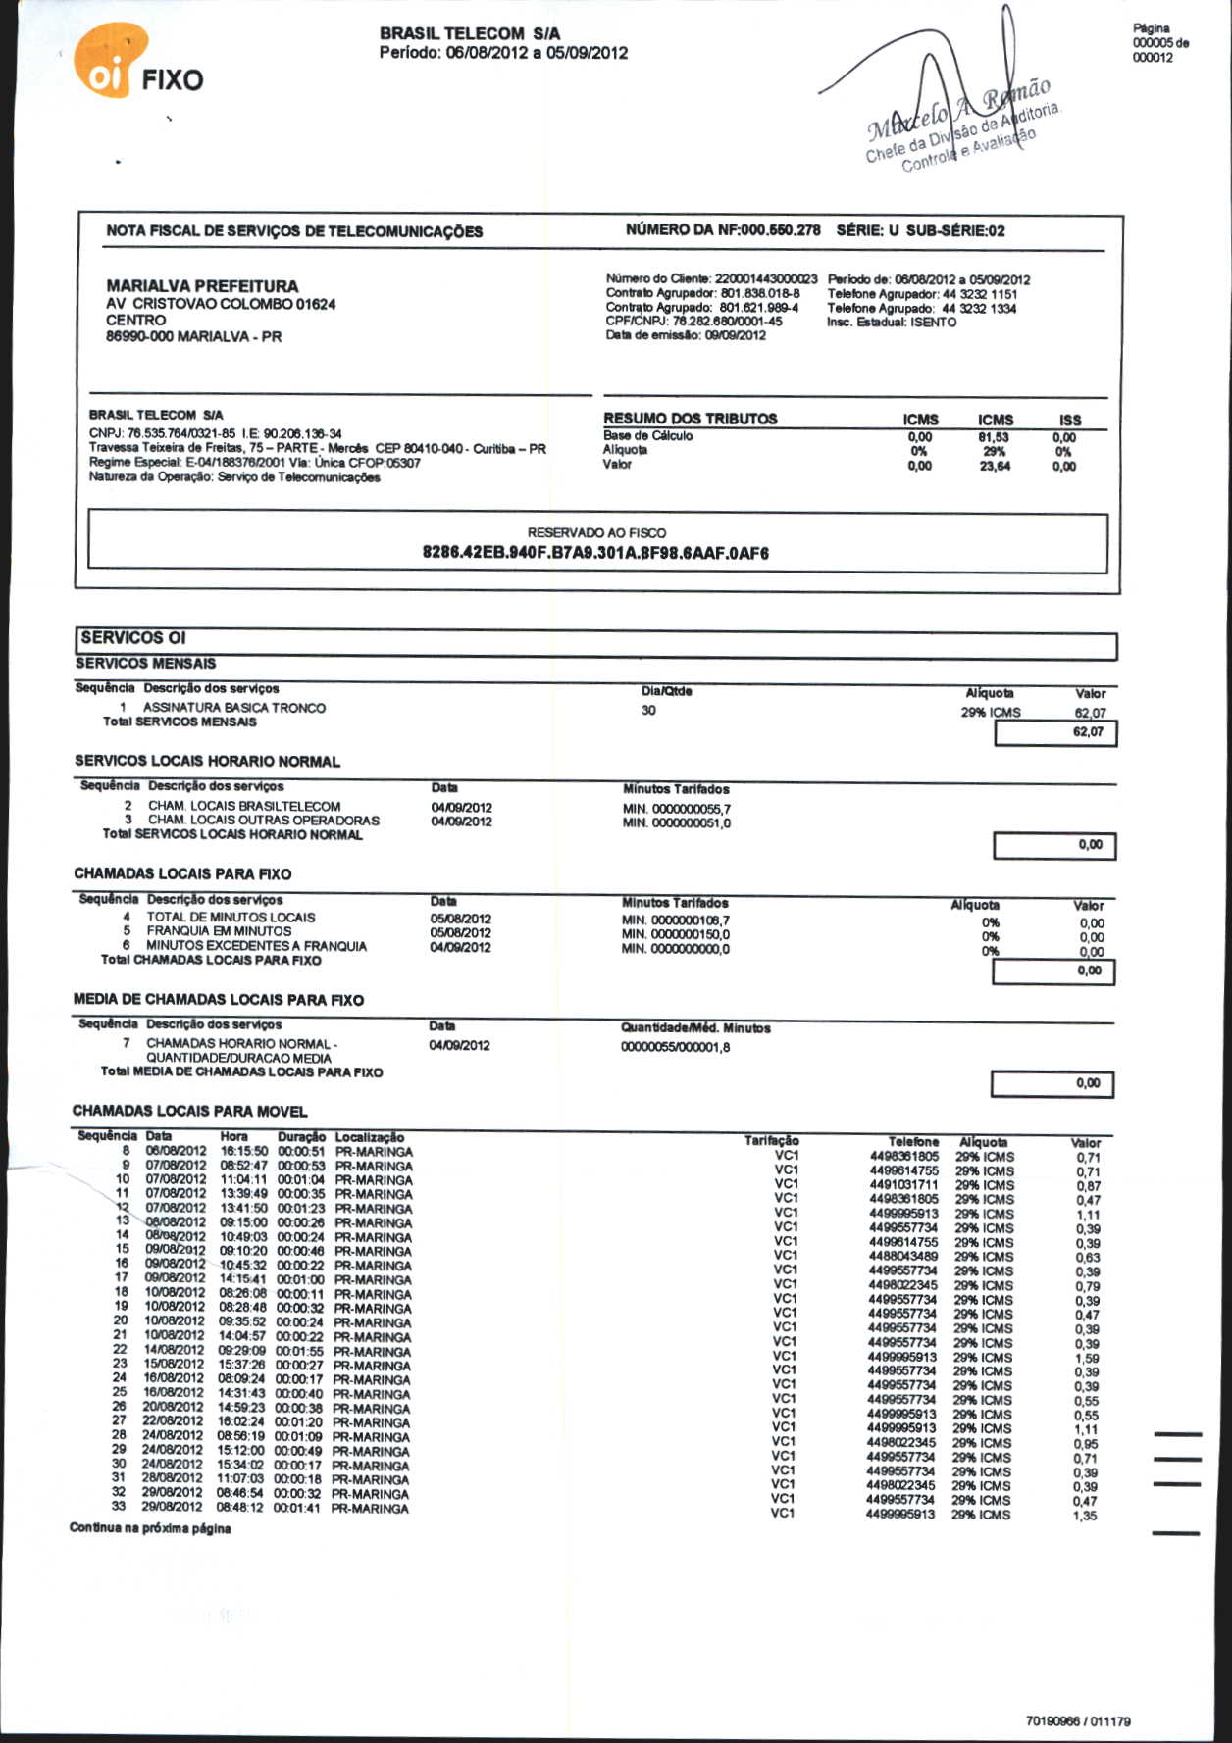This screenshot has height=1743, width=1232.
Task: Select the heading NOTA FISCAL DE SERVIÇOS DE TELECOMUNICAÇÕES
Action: [x=294, y=231]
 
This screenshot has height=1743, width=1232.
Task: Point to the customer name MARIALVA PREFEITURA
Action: [x=202, y=286]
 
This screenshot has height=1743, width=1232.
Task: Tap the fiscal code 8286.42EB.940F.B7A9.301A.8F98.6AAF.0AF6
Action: [x=595, y=553]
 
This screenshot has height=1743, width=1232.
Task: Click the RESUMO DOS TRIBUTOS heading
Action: [x=690, y=419]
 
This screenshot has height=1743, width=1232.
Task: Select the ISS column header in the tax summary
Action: [x=1070, y=420]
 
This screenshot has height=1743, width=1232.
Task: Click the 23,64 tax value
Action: [x=995, y=467]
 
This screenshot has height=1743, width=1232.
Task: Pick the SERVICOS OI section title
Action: [x=133, y=638]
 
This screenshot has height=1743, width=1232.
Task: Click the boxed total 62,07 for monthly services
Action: [x=1088, y=732]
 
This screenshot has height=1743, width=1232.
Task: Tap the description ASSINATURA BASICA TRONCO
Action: [x=234, y=708]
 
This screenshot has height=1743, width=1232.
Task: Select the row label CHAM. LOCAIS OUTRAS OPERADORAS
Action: [x=264, y=821]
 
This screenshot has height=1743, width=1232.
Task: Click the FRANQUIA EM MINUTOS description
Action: [x=219, y=931]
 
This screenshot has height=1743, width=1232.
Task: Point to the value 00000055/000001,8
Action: [x=675, y=1048]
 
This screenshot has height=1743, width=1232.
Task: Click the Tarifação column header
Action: [x=771, y=1141]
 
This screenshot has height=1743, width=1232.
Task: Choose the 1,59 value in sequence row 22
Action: [x=1086, y=1359]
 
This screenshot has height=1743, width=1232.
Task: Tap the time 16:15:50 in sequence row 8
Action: [x=244, y=1152]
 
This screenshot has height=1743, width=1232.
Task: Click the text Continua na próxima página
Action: [x=150, y=1529]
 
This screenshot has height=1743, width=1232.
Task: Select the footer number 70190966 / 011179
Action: [x=1078, y=1720]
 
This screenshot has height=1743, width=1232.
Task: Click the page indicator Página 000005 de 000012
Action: [x=1160, y=43]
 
